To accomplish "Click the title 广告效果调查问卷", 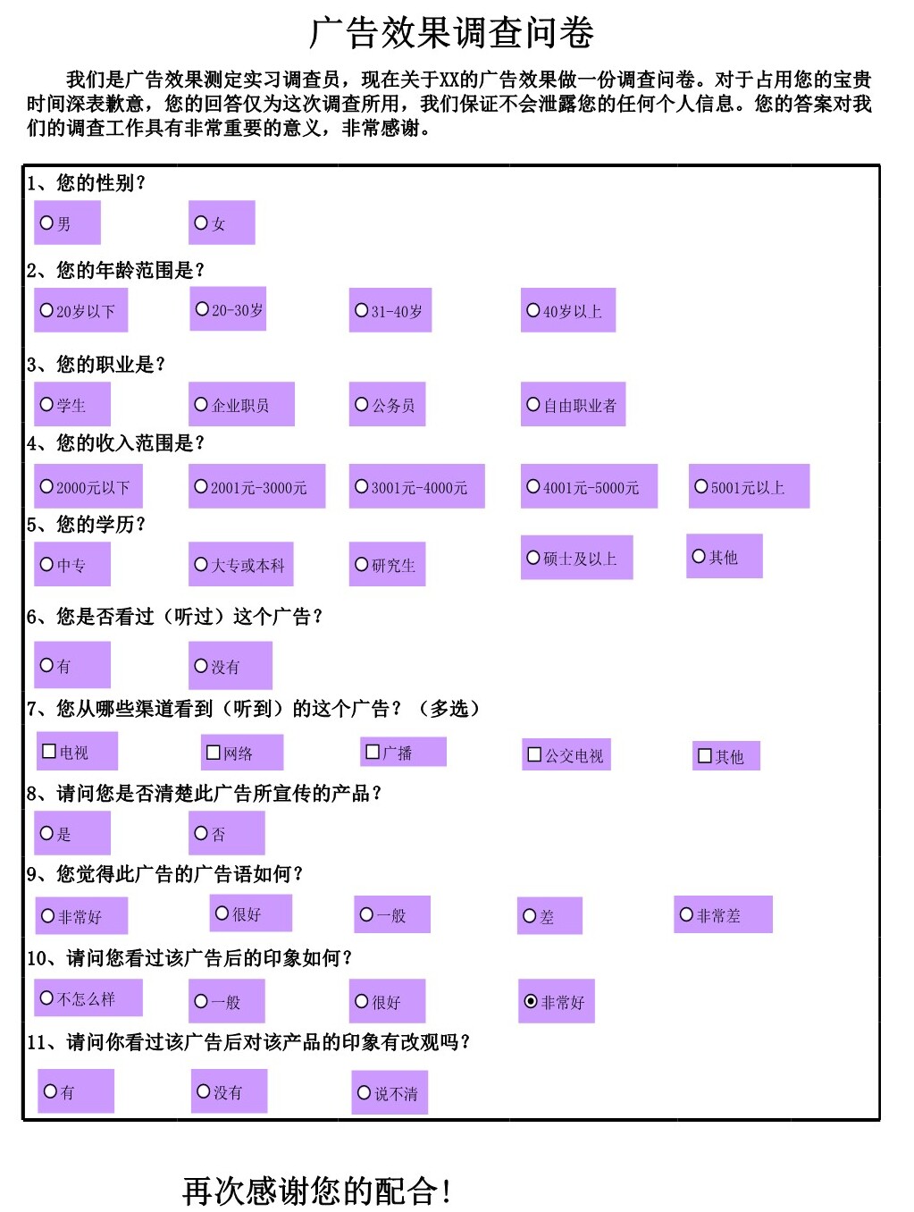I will (451, 33).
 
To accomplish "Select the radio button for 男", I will (47, 223).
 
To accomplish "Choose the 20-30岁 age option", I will (202, 309).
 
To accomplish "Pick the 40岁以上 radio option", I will (533, 311).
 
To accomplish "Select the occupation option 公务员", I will (362, 405).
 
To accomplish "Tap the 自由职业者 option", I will (533, 405).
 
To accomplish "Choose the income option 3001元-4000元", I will (362, 487).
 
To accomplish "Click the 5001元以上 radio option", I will (701, 487).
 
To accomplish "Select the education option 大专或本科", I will (201, 565).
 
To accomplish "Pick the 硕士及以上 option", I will (533, 559).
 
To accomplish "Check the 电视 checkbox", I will (49, 752).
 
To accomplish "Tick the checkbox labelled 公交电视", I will (534, 755).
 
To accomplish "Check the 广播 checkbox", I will (373, 753).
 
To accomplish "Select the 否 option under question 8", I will (201, 833).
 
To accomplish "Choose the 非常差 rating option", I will (686, 915).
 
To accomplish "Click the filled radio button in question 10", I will (531, 1002).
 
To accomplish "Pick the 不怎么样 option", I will (47, 998).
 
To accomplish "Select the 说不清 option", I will (364, 1093).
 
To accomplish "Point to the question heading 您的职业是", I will (96, 365).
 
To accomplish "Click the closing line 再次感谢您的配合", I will (317, 1191).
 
